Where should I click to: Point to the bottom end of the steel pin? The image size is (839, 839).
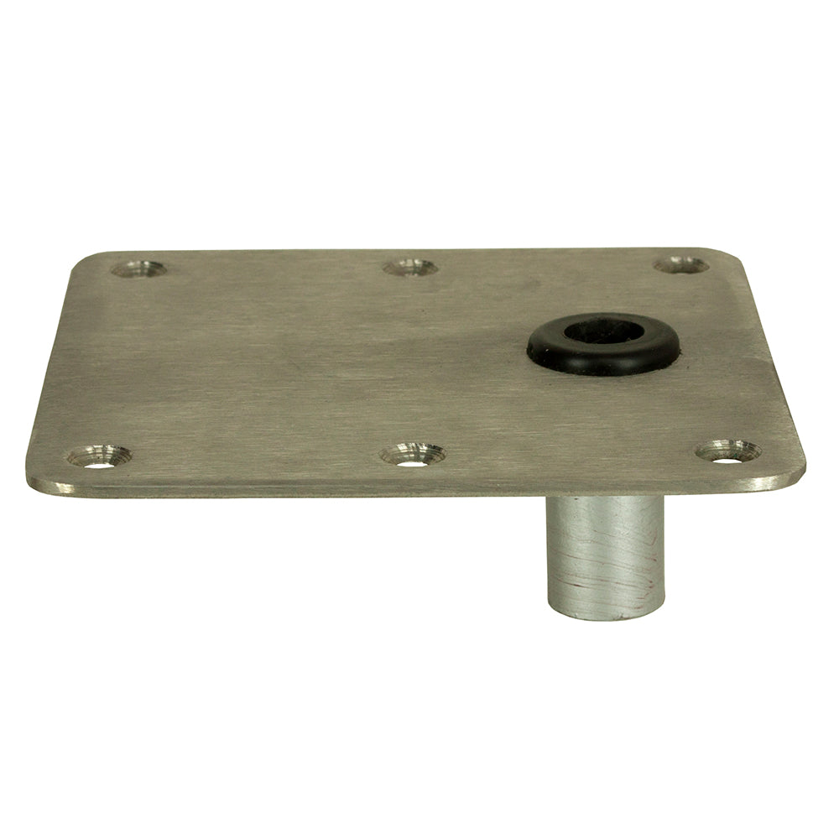click(604, 614)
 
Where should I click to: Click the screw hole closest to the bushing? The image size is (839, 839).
click(681, 265)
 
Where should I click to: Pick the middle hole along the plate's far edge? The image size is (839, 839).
click(409, 268)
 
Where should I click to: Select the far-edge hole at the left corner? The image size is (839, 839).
click(138, 269)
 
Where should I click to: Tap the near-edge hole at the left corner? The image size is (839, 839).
click(99, 457)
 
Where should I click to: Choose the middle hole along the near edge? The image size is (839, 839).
click(412, 456)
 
